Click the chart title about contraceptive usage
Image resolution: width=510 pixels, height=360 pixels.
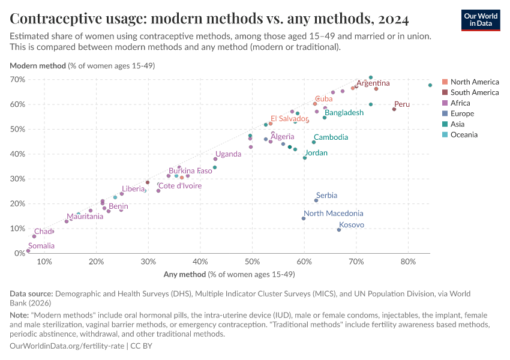pyautogui.click(x=209, y=19)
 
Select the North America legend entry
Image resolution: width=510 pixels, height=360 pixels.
pyautogui.click(x=474, y=82)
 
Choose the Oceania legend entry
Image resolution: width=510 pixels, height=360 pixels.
pyautogui.click(x=464, y=134)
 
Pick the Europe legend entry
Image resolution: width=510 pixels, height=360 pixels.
pyautogui.click(x=461, y=113)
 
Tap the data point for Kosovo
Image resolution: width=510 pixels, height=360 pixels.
pyautogui.click(x=339, y=230)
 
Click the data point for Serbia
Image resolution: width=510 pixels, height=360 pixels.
pyautogui.click(x=316, y=200)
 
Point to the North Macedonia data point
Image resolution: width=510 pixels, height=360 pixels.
pyautogui.click(x=304, y=218)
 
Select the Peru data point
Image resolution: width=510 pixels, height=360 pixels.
pyautogui.click(x=394, y=109)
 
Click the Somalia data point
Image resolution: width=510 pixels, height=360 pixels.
pyautogui.click(x=28, y=251)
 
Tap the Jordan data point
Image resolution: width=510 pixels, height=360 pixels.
pyautogui.click(x=305, y=158)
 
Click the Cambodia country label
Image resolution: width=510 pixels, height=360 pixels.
pyautogui.click(x=331, y=137)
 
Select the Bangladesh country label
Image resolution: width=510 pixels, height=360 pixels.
pyautogui.click(x=344, y=113)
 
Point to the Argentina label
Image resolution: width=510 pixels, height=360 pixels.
pyautogui.click(x=373, y=83)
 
